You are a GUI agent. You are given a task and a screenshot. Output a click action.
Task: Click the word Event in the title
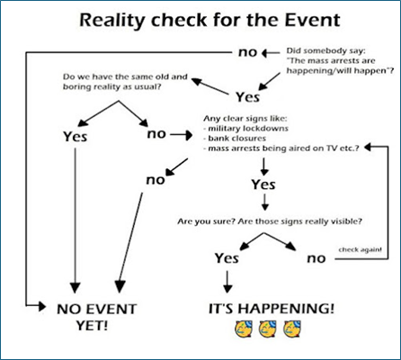click(x=312, y=20)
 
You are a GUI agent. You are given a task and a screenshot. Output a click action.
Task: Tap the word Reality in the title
click(x=113, y=21)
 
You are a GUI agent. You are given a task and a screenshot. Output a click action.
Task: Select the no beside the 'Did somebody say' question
click(x=247, y=52)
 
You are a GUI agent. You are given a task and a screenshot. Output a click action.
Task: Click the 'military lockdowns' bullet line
click(x=245, y=129)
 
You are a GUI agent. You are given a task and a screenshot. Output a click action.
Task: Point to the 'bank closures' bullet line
click(x=235, y=139)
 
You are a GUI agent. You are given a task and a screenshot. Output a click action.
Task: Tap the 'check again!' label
click(x=361, y=249)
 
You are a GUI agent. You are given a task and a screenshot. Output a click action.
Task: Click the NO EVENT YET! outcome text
click(x=96, y=317)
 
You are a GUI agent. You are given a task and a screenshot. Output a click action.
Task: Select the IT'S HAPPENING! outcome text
click(x=272, y=309)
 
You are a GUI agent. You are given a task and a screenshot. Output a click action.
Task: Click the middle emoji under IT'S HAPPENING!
click(x=268, y=328)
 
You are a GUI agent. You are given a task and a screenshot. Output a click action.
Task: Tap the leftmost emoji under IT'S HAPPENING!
click(x=244, y=328)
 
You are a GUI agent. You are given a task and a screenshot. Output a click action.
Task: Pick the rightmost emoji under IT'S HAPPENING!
click(x=292, y=328)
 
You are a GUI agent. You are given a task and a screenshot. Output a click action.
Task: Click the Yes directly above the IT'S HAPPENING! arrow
click(x=227, y=257)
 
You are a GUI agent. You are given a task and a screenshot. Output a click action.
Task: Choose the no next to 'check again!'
click(x=316, y=258)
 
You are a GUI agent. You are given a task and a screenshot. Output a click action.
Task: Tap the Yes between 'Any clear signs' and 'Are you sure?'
click(x=263, y=184)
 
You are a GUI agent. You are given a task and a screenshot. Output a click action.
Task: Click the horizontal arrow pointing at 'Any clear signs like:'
click(x=181, y=135)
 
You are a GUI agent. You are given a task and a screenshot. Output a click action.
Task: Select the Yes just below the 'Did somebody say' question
click(x=247, y=97)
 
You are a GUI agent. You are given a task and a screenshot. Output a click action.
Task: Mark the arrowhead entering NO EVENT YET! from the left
click(x=41, y=306)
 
